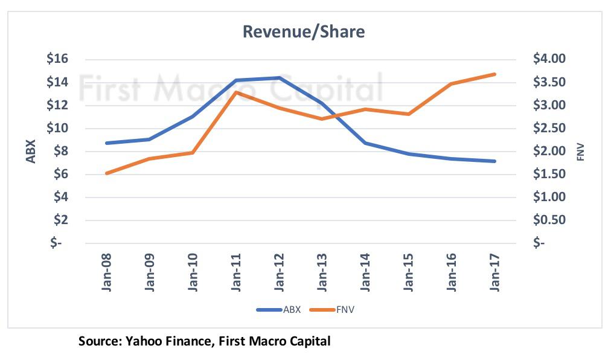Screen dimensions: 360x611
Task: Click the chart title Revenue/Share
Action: (304, 32)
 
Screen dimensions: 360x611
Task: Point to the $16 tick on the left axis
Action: (61, 59)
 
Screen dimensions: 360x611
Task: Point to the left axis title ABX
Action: (31, 151)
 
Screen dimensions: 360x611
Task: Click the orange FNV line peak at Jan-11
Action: (235, 92)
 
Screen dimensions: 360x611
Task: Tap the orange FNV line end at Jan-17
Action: (494, 74)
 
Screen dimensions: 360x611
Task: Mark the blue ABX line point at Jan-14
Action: (365, 143)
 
